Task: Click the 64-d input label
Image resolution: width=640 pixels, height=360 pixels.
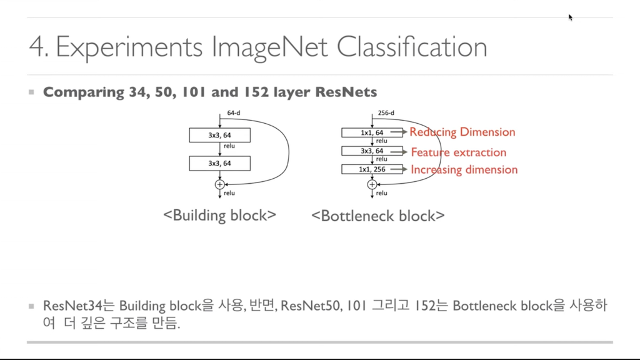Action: (234, 113)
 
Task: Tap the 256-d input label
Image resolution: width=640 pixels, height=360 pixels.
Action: (386, 113)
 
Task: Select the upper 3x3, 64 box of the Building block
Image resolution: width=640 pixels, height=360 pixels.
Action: (219, 135)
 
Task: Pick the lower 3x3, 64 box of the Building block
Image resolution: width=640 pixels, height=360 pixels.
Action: (219, 163)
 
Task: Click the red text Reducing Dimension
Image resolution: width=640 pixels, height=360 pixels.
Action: (462, 132)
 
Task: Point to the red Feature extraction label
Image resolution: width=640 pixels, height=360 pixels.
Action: (459, 152)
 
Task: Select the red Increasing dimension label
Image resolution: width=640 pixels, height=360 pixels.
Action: (464, 169)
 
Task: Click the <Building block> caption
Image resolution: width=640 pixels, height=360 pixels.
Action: (219, 216)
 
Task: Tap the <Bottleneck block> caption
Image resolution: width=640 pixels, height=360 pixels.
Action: (378, 216)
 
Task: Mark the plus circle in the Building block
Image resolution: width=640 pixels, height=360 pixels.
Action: (219, 184)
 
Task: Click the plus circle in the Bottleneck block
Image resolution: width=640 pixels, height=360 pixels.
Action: (372, 184)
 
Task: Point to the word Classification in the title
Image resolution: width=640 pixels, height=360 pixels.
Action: (412, 48)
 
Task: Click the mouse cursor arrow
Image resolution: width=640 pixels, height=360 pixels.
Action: (571, 17)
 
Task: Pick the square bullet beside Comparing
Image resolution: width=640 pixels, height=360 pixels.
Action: (31, 92)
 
